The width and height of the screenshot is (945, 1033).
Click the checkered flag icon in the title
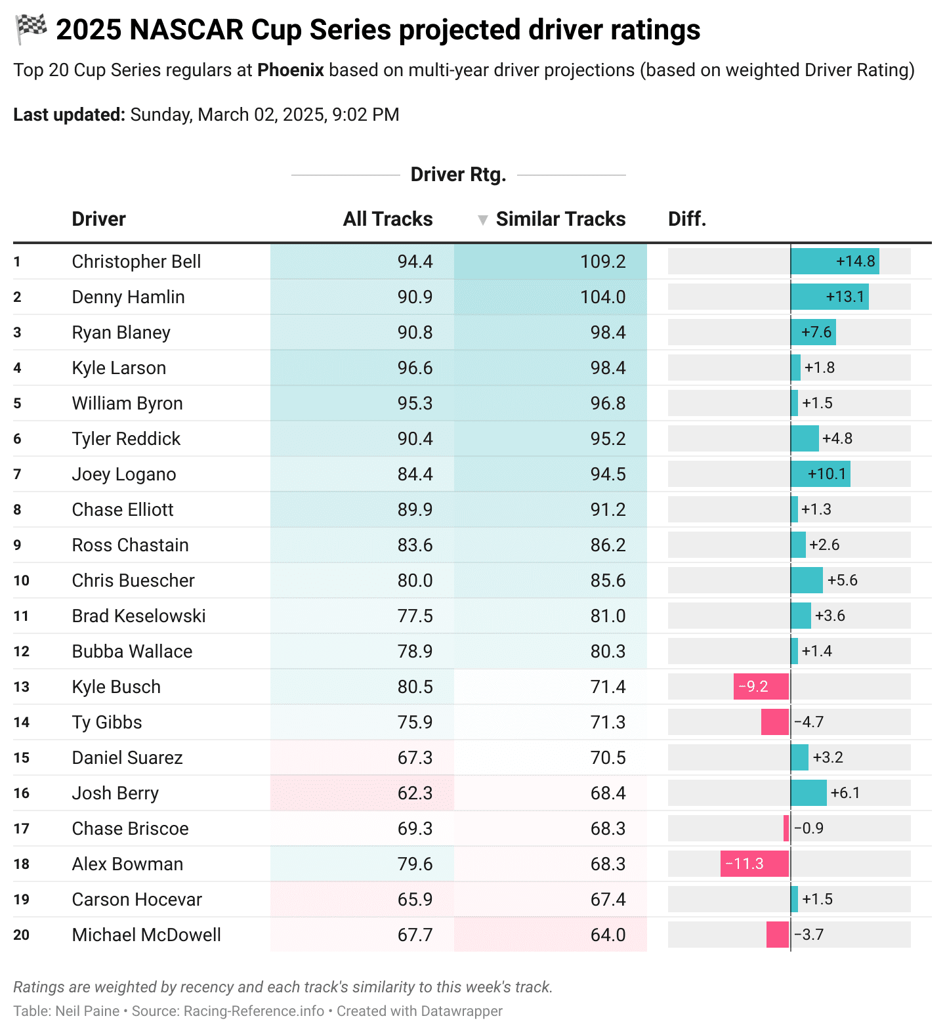point(31,30)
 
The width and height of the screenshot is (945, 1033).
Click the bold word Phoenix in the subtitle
point(290,70)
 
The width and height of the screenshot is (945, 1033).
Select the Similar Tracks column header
point(560,219)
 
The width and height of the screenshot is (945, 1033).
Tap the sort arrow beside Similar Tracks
point(482,221)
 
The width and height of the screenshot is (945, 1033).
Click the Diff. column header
point(686,219)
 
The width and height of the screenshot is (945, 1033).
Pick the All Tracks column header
point(388,219)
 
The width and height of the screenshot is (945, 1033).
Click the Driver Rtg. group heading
point(458,175)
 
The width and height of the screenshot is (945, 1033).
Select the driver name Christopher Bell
point(136,262)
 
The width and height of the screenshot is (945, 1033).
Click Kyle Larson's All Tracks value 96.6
point(415,368)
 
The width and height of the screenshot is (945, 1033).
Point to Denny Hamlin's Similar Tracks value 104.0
point(602,297)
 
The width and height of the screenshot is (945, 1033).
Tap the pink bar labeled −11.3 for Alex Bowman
point(754,864)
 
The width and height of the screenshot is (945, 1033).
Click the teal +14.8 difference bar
point(834,262)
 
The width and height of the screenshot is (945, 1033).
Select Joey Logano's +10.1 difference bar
point(820,474)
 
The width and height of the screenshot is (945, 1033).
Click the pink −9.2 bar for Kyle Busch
point(761,686)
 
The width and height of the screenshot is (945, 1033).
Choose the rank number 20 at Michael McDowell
point(22,935)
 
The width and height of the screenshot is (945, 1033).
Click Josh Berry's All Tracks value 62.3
point(415,793)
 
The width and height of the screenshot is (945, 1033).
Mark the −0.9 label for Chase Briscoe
point(809,828)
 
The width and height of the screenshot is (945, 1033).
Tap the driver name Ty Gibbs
point(107,723)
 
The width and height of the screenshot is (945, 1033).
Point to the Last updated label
point(69,115)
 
